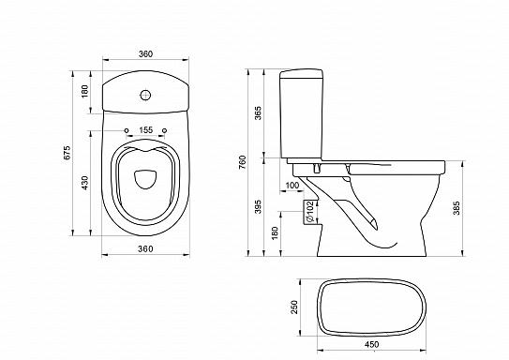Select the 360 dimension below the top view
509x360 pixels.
tap(143, 248)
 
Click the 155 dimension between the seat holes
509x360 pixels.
tap(144, 129)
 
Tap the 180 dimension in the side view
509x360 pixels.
tap(276, 231)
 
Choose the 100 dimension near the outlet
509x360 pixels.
tap(292, 187)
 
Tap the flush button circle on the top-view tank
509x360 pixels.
tap(144, 94)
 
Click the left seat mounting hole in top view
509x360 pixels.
tap(125, 130)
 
